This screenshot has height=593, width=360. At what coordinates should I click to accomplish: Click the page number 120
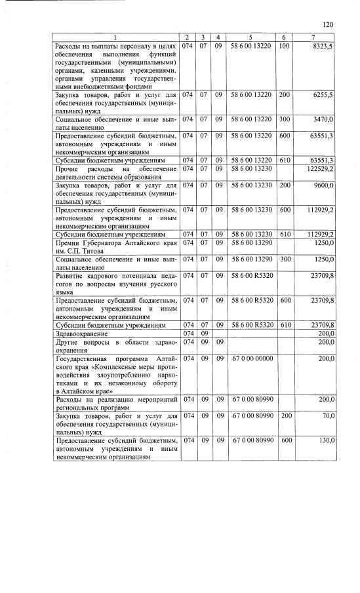click(329, 25)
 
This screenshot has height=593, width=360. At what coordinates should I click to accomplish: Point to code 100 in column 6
click(284, 47)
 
